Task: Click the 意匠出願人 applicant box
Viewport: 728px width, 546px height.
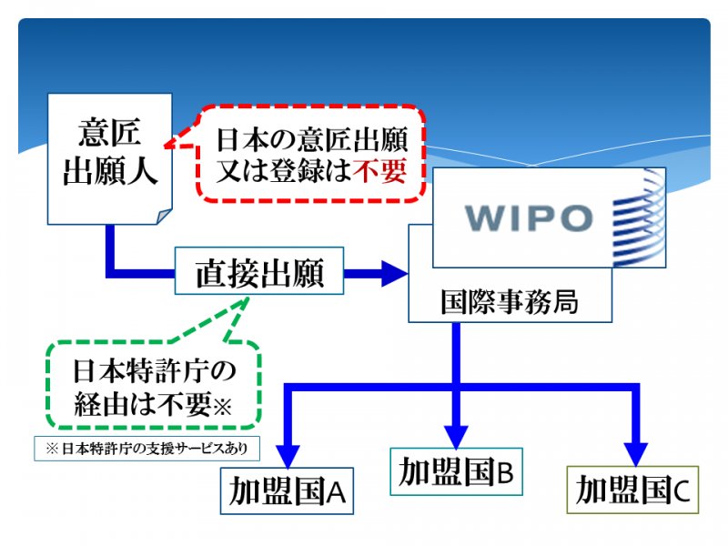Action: [110, 158]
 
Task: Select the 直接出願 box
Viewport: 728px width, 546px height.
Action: [259, 270]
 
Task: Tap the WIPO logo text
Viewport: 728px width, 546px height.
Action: [529, 217]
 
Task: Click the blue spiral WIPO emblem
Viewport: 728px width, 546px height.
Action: [639, 217]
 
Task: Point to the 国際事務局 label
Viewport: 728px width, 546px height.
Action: [510, 302]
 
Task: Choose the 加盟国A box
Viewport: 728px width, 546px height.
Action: [287, 490]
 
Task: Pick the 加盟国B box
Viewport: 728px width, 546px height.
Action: [457, 471]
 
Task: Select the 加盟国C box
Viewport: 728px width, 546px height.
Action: [632, 490]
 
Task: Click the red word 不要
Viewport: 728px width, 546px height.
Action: [379, 170]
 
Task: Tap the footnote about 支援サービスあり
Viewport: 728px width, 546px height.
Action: [147, 449]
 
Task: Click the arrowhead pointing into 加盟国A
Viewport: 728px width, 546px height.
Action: [288, 457]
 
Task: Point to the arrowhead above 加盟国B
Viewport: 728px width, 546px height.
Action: [457, 437]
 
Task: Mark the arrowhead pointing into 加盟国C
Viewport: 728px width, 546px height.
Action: [635, 455]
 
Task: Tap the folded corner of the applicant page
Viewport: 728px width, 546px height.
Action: [165, 217]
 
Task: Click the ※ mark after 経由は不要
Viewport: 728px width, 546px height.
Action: [222, 407]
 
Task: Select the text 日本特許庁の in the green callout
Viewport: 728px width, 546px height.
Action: [155, 371]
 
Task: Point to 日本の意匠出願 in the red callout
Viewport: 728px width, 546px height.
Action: [312, 139]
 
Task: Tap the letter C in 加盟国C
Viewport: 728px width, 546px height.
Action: [682, 491]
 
